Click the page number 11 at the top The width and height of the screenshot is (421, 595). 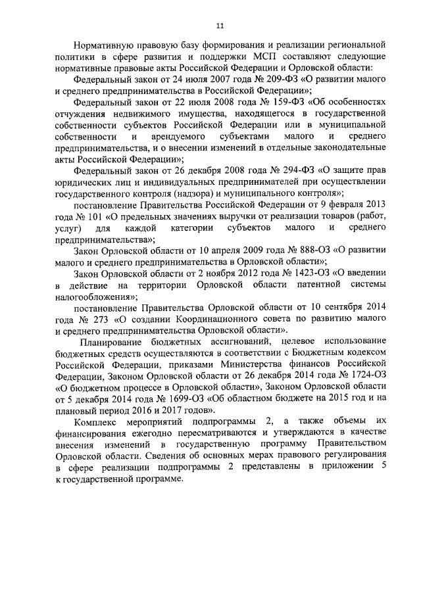click(x=219, y=26)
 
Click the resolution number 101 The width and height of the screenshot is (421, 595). click(x=84, y=216)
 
